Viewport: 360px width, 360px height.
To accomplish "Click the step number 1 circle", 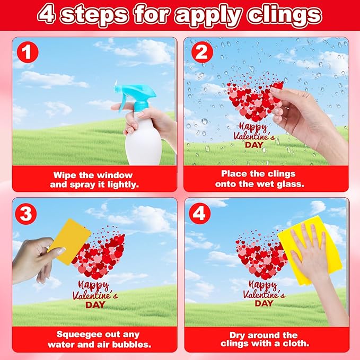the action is [28, 52].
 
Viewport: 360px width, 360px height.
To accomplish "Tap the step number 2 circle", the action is [202, 52].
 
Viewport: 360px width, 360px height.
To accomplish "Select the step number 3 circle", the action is [26, 214].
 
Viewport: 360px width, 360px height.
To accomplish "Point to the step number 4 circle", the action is [200, 213].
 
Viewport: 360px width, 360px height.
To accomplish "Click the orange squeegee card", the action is [71, 242].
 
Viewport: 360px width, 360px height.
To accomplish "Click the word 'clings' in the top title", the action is [285, 15].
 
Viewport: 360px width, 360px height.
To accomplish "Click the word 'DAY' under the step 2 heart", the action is [254, 145].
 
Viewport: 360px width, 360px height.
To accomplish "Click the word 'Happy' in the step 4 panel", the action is [263, 285].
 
